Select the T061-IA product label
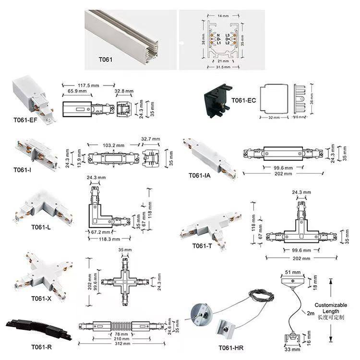[x=200, y=176]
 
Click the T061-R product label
[x=42, y=347]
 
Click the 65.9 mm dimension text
[x=77, y=91]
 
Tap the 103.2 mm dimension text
[x=113, y=144]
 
